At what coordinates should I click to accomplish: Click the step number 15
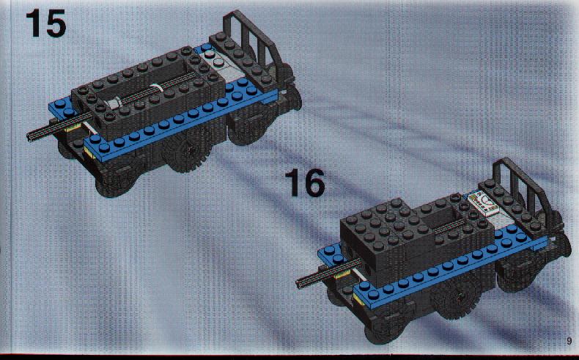pos(45,23)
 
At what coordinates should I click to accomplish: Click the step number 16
pos(305,183)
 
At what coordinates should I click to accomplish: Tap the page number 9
pos(569,340)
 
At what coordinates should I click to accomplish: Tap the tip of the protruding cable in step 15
pos(29,138)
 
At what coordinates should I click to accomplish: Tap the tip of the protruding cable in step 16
pos(298,284)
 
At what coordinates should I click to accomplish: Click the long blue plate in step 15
pos(181,122)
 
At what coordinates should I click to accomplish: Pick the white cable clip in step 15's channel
pos(157,90)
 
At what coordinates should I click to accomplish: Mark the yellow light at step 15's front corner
pos(89,151)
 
